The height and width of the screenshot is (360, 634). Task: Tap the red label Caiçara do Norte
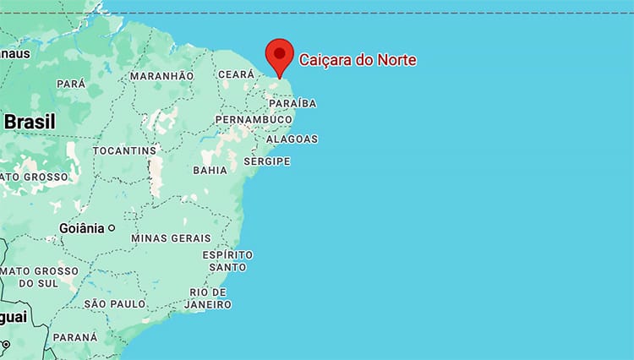(x=358, y=60)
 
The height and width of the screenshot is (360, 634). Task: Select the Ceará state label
(x=236, y=75)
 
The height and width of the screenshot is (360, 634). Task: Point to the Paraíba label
(x=292, y=103)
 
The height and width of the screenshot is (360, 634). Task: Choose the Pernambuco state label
(x=254, y=121)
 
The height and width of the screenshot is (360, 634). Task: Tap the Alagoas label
(x=292, y=139)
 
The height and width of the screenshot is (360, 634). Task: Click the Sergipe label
(x=266, y=161)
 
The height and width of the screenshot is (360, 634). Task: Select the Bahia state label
(x=210, y=170)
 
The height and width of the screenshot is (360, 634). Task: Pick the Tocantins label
(x=125, y=150)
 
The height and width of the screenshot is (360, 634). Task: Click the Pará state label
(x=71, y=84)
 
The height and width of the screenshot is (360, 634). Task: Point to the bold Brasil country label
(x=29, y=122)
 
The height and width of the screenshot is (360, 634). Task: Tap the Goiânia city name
(x=81, y=228)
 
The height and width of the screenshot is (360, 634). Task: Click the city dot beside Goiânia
(x=111, y=228)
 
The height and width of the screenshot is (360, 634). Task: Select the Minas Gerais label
(x=171, y=238)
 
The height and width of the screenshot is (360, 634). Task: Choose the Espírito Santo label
(x=227, y=260)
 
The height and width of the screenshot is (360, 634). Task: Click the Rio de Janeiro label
(x=208, y=297)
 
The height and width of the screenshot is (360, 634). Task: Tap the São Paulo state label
(x=115, y=303)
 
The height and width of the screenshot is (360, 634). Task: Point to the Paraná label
(x=75, y=336)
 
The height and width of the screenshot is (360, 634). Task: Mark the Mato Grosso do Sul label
(x=39, y=276)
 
